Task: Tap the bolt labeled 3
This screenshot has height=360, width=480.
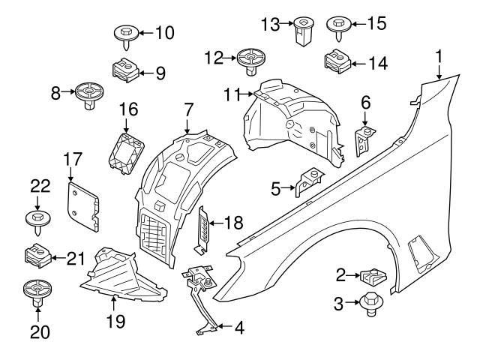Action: click(x=369, y=304)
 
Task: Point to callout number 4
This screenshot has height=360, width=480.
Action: click(x=238, y=327)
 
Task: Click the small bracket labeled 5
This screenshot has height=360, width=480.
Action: click(x=308, y=182)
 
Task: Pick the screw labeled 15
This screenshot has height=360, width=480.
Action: click(x=337, y=25)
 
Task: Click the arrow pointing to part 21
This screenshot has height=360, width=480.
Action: click(x=56, y=259)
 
